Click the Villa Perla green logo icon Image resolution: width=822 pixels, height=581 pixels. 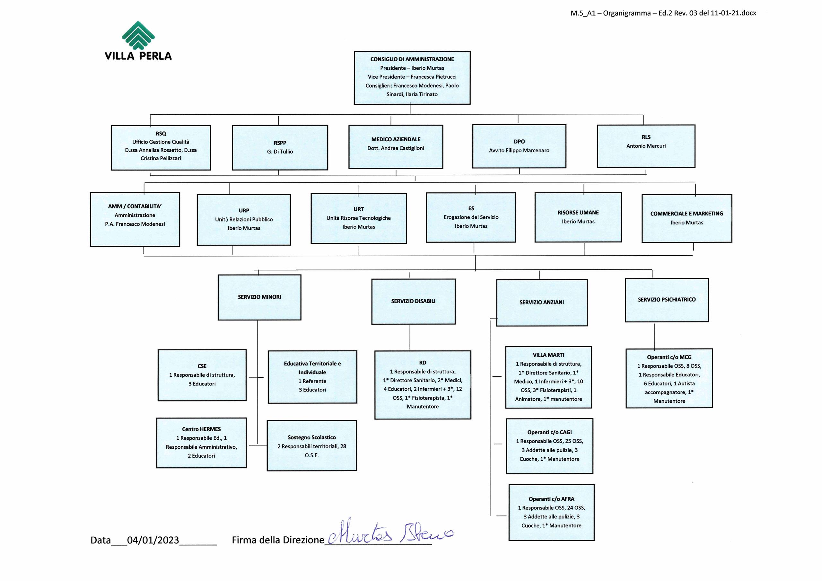138,35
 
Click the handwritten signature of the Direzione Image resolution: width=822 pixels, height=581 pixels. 390,531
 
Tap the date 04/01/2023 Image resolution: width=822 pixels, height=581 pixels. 153,540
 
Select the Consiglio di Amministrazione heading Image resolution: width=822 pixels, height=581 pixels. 412,59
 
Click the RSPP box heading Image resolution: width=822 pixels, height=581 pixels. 280,143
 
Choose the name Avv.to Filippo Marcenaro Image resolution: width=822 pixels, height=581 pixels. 519,150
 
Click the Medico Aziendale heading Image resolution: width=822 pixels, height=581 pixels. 396,139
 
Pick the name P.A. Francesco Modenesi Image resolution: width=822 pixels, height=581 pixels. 135,224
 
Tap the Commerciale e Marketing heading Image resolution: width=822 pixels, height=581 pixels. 687,214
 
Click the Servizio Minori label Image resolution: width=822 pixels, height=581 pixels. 259,297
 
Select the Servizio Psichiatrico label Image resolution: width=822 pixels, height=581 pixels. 667,299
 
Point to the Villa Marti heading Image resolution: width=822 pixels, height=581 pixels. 548,355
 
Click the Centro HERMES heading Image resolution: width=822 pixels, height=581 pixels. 201,429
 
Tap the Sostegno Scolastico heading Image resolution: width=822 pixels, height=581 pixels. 312,437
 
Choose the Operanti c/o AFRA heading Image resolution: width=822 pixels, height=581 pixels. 551,499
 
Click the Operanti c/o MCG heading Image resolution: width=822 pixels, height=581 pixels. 669,357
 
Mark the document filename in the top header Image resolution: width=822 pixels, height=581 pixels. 663,13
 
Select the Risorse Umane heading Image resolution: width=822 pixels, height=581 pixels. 578,212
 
